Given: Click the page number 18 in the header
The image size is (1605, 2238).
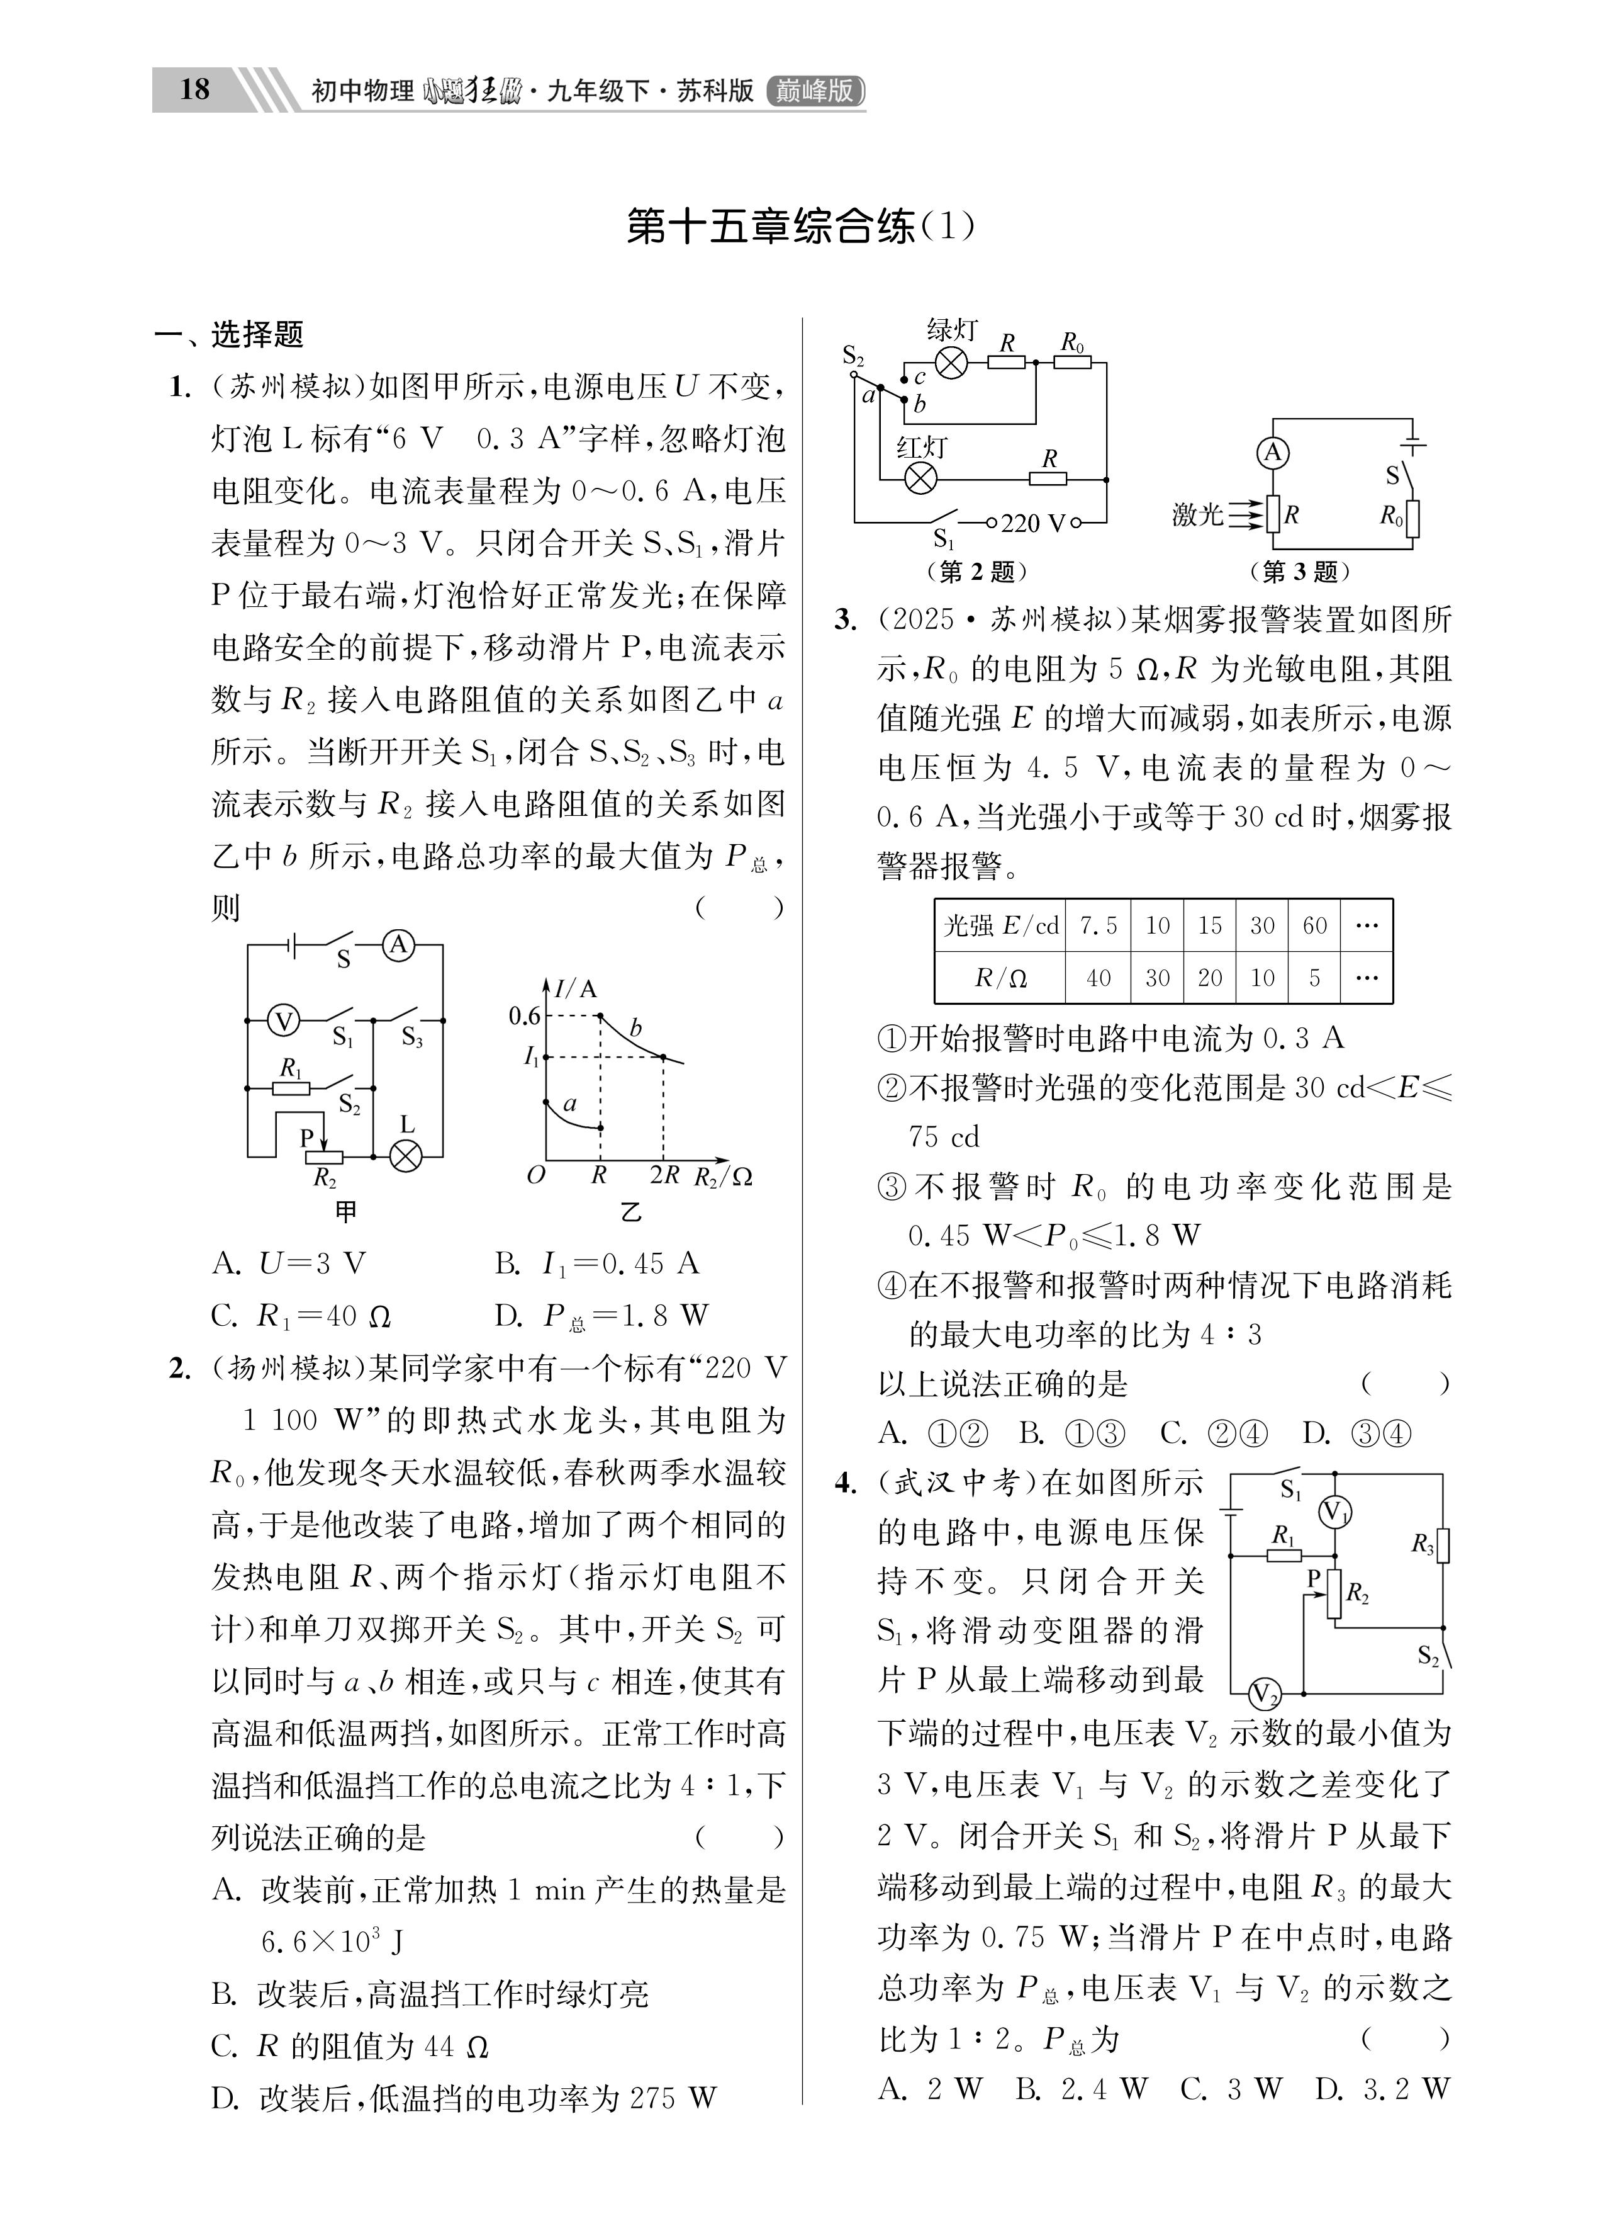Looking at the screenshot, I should pos(195,90).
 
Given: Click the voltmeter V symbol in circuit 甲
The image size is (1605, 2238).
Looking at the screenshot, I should pos(284,1021).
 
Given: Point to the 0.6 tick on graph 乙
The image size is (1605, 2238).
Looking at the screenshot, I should pos(524,1015).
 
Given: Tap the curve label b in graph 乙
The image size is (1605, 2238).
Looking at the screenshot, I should pos(635,1028).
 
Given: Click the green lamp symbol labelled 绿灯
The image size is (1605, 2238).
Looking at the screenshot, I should pos(951,363).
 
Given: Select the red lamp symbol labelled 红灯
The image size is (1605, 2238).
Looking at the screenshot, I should pos(920,478).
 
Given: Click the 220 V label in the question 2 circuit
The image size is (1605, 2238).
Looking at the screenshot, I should pos(1033,524).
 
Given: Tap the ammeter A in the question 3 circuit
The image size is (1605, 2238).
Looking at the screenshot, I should pos(1273,453).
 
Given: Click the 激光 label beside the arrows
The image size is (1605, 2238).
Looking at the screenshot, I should pos(1197,514).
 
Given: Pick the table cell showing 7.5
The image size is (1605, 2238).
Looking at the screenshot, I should pos(1098,925).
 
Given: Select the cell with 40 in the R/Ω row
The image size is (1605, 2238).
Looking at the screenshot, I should pos(1098,978).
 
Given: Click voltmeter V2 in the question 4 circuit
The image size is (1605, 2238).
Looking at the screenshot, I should pos(1264,1694).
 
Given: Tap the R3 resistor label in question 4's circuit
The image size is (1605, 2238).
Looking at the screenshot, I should pos(1421,1544).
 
